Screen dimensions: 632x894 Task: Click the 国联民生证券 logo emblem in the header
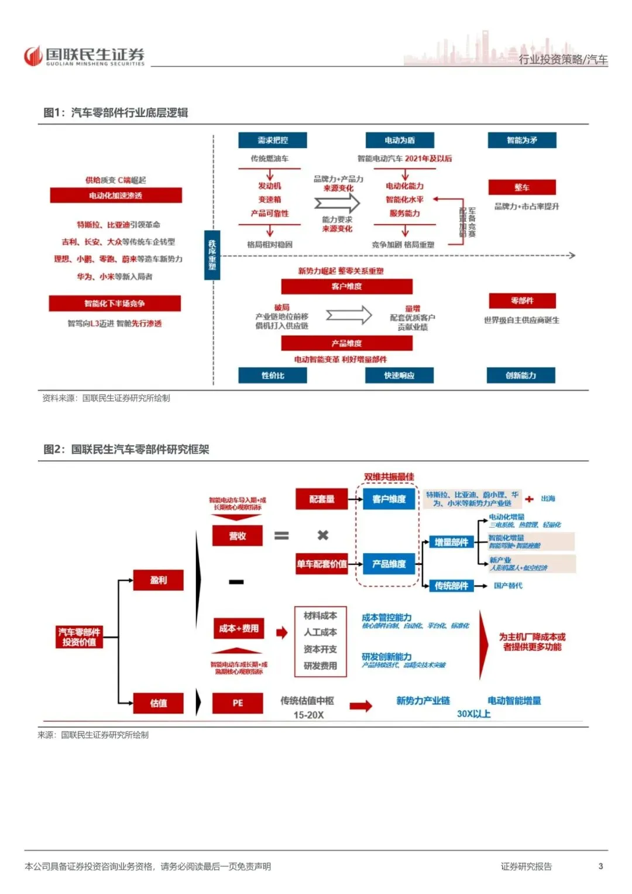tap(33, 56)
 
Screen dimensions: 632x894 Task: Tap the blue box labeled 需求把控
tap(273, 141)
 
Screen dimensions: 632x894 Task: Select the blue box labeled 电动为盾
tap(400, 141)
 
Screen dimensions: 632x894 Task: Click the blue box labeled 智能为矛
tap(522, 141)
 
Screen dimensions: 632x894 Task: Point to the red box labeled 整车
tap(522, 187)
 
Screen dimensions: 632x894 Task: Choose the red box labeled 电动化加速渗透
tap(116, 196)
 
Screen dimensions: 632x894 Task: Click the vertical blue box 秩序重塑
tap(212, 255)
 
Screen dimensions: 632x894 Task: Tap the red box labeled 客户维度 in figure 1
tap(346, 286)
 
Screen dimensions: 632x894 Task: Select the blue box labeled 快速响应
tap(400, 375)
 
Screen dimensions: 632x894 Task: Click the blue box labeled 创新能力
tap(521, 375)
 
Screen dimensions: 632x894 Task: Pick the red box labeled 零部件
tap(522, 301)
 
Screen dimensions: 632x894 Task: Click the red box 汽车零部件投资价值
tap(80, 637)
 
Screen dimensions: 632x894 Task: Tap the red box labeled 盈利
tap(159, 580)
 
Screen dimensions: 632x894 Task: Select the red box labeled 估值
tap(159, 703)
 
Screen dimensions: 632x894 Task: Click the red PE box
tap(238, 703)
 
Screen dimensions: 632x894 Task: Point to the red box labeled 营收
tap(238, 536)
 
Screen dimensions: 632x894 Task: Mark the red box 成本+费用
tap(238, 628)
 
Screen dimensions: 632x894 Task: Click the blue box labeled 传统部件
tap(451, 585)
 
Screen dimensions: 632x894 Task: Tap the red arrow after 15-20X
tap(361, 705)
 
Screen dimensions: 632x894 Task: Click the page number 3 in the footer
tap(600, 866)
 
